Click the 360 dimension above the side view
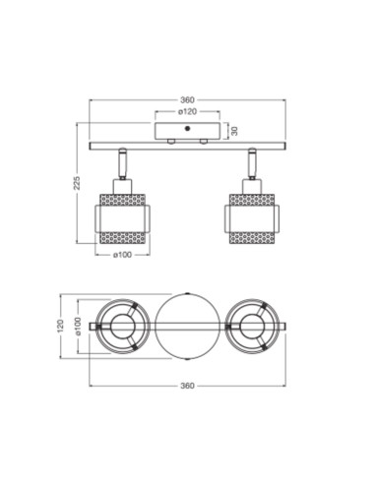(187, 99)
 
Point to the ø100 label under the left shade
(122, 255)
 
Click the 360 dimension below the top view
(187, 387)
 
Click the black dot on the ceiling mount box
(187, 128)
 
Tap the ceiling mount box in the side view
(187, 132)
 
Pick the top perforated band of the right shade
(252, 200)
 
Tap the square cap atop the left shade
(122, 186)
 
